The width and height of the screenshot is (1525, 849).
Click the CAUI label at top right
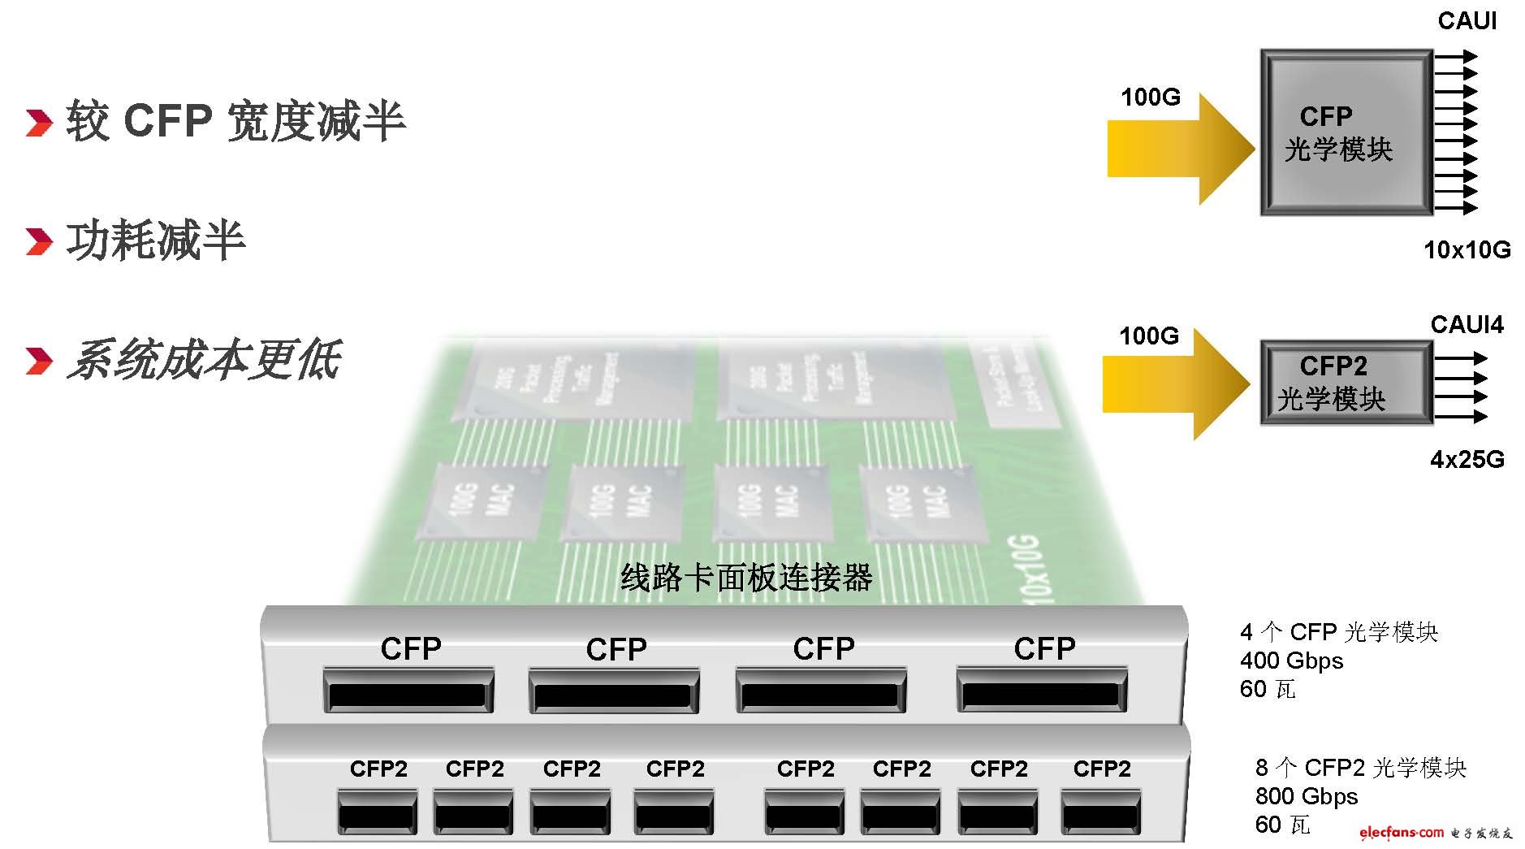pyautogui.click(x=1467, y=21)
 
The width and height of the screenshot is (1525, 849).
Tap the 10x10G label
pyautogui.click(x=1467, y=249)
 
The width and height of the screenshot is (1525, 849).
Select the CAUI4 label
pyautogui.click(x=1467, y=325)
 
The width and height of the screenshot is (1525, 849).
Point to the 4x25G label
pyautogui.click(x=1467, y=460)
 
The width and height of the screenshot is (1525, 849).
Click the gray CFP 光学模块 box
pyautogui.click(x=1346, y=133)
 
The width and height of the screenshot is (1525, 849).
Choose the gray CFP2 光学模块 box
pyautogui.click(x=1346, y=383)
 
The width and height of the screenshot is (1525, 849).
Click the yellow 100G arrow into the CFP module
pyautogui.click(x=1177, y=148)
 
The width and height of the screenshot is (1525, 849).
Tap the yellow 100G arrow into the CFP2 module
pyautogui.click(x=1173, y=385)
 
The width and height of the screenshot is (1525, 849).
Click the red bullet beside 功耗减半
pyautogui.click(x=38, y=241)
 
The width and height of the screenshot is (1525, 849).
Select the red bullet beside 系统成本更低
pyautogui.click(x=38, y=362)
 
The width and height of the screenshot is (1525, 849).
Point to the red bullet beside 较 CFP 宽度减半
pyautogui.click(x=38, y=122)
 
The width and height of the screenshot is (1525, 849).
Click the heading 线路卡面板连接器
pyautogui.click(x=745, y=578)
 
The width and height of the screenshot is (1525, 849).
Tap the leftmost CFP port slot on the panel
pyautogui.click(x=408, y=693)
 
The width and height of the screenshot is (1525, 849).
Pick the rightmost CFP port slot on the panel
pyautogui.click(x=1041, y=693)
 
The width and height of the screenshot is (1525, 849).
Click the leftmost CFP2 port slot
pyautogui.click(x=378, y=812)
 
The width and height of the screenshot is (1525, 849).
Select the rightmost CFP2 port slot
pyautogui.click(x=1100, y=812)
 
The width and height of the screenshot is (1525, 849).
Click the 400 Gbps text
pyautogui.click(x=1291, y=661)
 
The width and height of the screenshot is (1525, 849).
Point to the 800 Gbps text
pyautogui.click(x=1306, y=796)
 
